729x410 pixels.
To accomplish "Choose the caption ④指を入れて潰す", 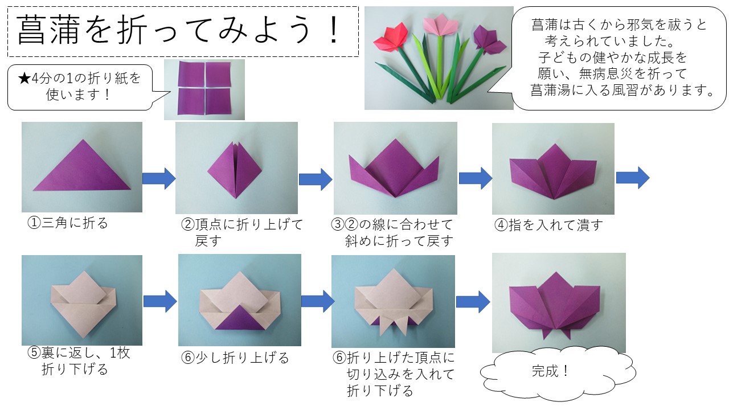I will [548, 225].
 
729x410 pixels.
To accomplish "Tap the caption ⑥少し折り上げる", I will [235, 358].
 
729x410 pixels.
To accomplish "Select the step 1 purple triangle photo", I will [82, 167].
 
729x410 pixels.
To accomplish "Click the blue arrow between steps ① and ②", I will [158, 178].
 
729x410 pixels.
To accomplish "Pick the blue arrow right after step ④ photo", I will [632, 178].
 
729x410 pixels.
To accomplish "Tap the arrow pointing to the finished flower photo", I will [473, 301].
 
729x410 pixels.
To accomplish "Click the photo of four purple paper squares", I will [204, 89].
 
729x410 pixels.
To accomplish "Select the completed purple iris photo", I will [558, 303].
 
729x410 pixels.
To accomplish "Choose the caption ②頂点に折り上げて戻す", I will [241, 232].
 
